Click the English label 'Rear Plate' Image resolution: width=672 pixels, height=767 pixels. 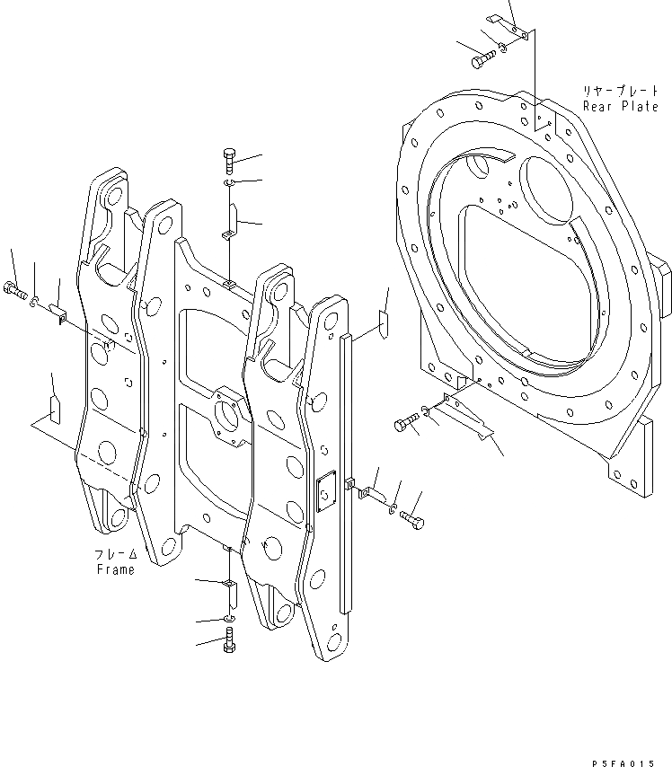pos(620,106)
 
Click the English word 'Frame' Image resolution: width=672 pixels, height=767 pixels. pos(115,569)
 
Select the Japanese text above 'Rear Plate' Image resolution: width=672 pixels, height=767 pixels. pos(620,92)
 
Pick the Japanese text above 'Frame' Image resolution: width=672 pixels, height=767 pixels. pos(115,554)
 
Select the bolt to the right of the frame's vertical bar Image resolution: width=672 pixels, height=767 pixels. pos(412,520)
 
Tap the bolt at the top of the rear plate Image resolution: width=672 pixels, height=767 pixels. pos(481,59)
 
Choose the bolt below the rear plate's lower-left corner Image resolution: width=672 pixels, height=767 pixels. pos(407,419)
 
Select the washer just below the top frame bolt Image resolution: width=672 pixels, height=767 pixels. pos(227,184)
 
